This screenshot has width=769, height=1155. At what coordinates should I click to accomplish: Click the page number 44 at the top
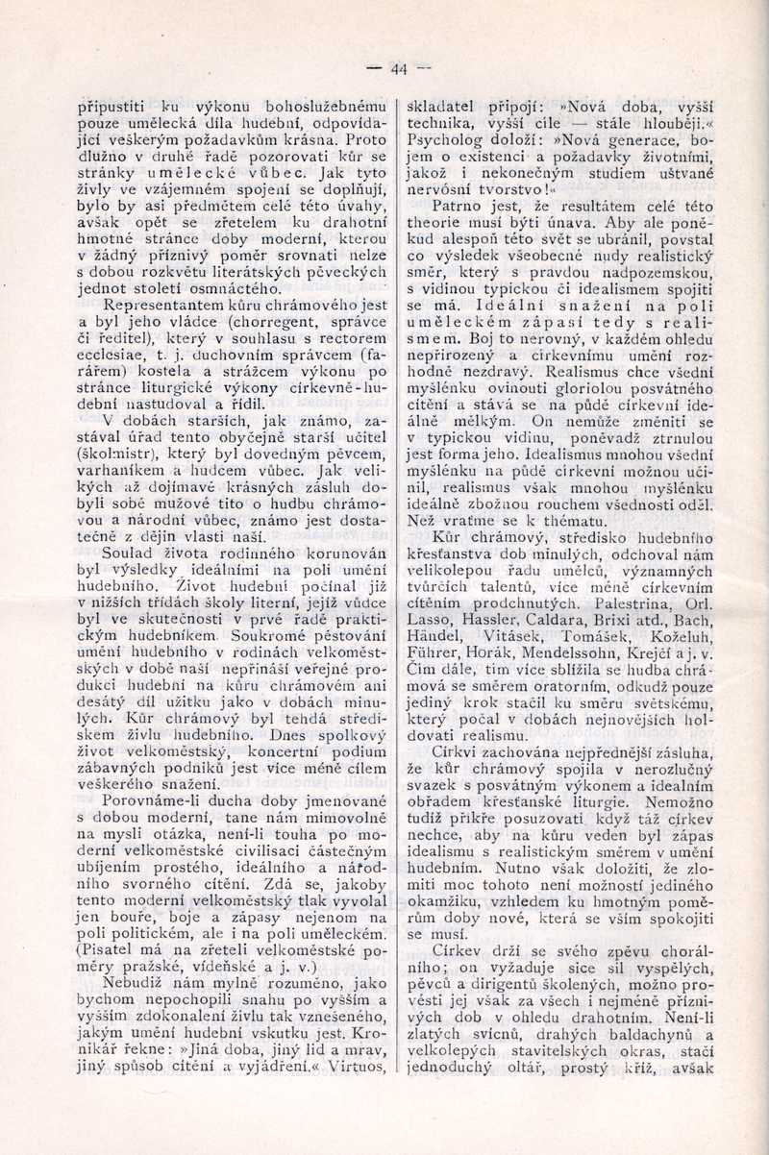coord(399,68)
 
